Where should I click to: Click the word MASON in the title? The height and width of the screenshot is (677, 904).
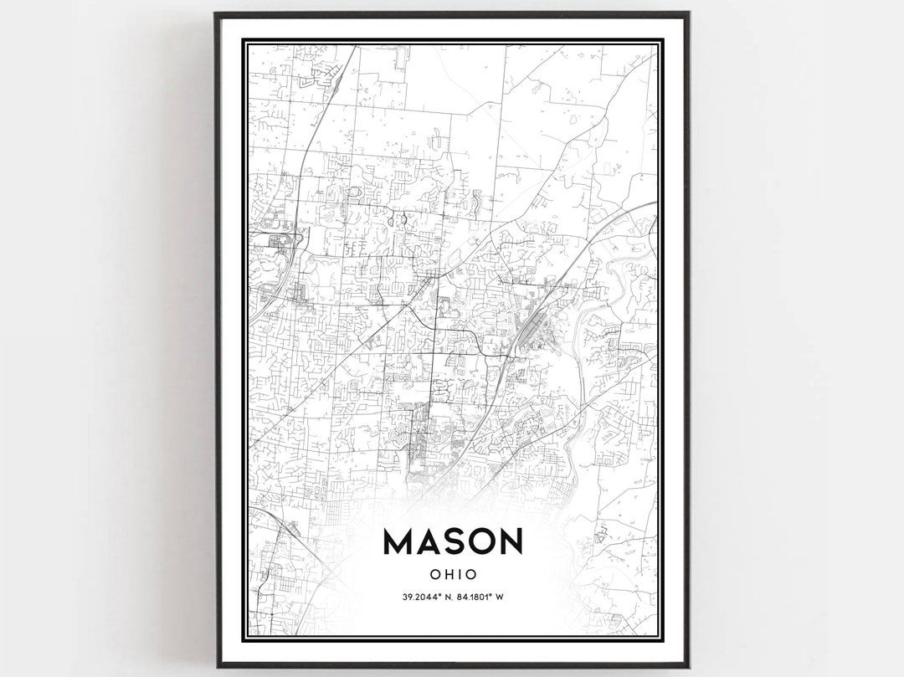pyautogui.click(x=452, y=541)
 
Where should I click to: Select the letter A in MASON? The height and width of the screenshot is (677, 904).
pyautogui.click(x=429, y=541)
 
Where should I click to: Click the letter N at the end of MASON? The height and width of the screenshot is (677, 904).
pyautogui.click(x=510, y=541)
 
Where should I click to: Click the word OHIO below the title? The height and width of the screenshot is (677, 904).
pyautogui.click(x=453, y=575)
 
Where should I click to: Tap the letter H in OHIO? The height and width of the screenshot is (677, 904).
pyautogui.click(x=448, y=575)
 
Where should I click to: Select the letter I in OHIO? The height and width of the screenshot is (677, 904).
pyautogui.click(x=460, y=575)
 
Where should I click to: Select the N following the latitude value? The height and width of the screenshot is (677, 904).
pyautogui.click(x=450, y=597)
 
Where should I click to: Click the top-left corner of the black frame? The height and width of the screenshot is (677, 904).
pyautogui.click(x=216, y=13)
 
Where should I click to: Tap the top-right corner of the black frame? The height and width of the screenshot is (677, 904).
pyautogui.click(x=688, y=13)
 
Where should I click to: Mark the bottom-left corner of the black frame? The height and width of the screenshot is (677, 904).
pyautogui.click(x=218, y=666)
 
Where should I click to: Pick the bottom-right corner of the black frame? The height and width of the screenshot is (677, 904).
pyautogui.click(x=688, y=666)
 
